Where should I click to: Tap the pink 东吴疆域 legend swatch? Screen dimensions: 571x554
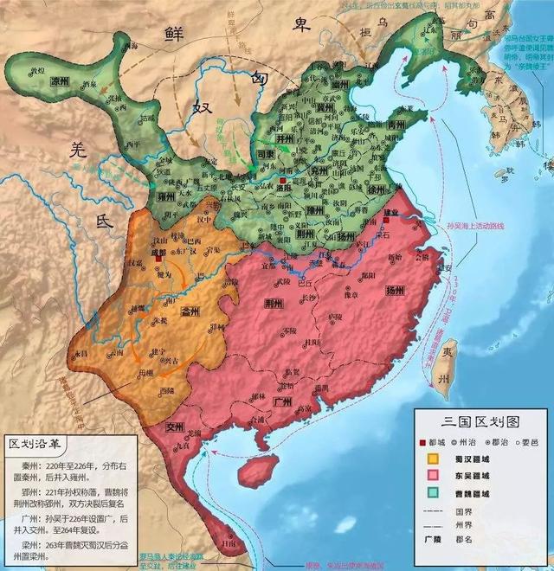point(427,477)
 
